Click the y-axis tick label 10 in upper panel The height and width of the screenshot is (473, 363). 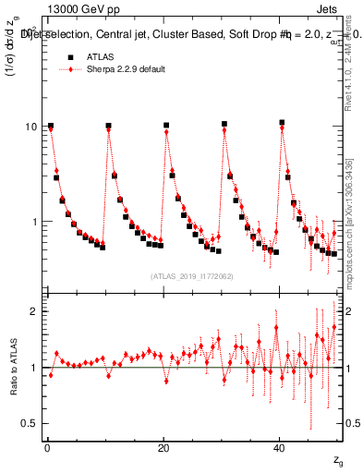click(x=30, y=127)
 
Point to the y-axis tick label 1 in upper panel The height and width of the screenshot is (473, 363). click(x=33, y=223)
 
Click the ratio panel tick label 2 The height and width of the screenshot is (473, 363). click(x=33, y=312)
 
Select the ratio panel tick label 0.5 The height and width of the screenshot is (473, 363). click(x=29, y=424)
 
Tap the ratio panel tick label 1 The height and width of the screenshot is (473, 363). click(x=33, y=369)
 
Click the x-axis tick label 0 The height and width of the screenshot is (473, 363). click(x=47, y=446)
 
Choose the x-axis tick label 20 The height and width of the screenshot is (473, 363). click(x=163, y=446)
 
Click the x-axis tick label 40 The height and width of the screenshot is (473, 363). click(x=280, y=446)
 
